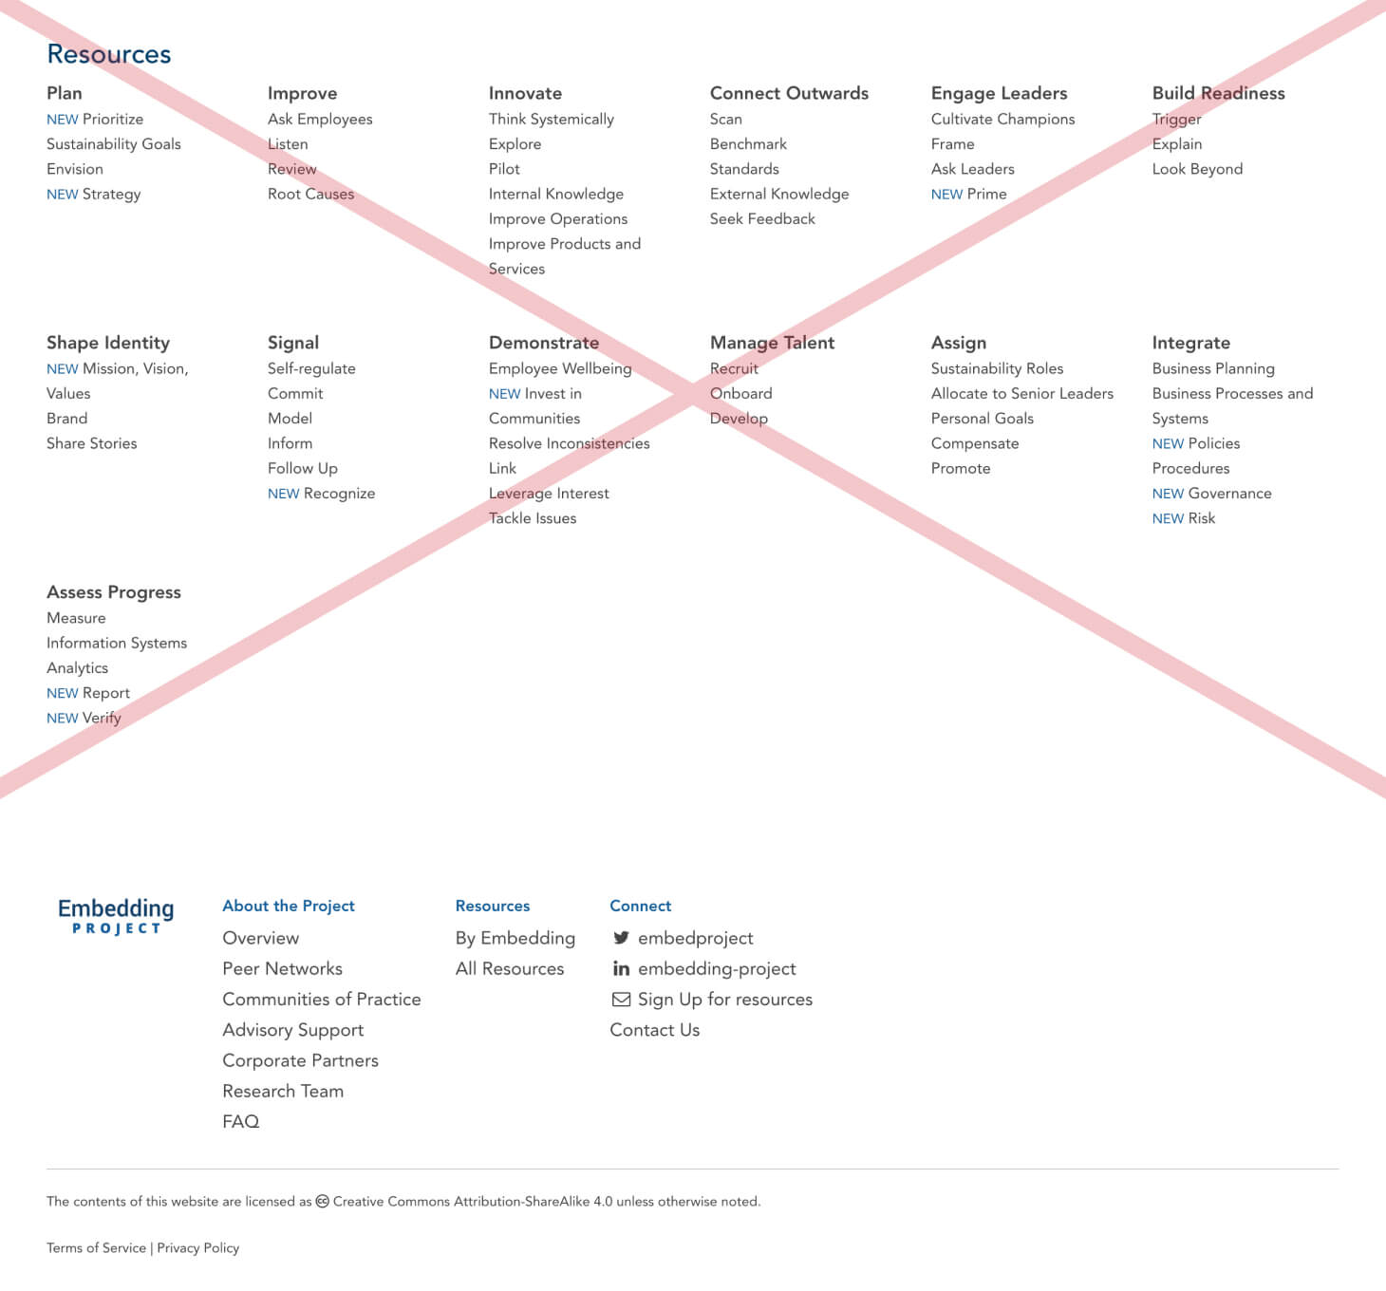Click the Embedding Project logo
pos(116,916)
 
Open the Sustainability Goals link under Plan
pos(113,144)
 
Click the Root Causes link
pos(310,194)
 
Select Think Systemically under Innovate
pos(551,119)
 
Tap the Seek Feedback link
pos(762,218)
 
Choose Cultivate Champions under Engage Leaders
pos(1002,119)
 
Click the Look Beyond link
pos(1197,169)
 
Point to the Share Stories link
pos(91,443)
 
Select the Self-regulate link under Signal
pos(311,368)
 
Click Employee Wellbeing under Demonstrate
pos(559,368)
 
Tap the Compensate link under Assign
pos(974,443)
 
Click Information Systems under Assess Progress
pos(117,643)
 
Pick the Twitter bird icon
pos(621,938)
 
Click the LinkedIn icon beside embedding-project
pos(621,968)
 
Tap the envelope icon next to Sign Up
pos(621,999)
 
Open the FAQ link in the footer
pos(240,1121)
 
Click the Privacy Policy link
pos(197,1247)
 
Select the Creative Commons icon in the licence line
pos(322,1201)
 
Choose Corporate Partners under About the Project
pos(300,1060)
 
